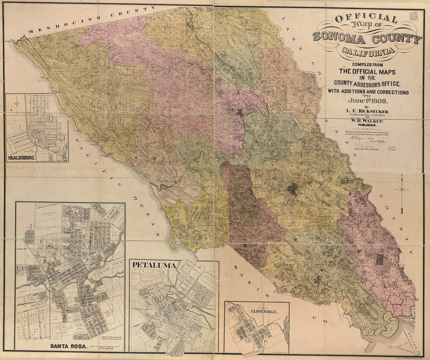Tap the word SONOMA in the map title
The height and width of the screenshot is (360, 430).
(x=339, y=38)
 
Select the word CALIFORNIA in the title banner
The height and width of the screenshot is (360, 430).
(x=367, y=51)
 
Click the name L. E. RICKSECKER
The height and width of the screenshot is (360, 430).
(x=367, y=112)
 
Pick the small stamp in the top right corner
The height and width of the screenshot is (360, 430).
(x=414, y=16)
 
